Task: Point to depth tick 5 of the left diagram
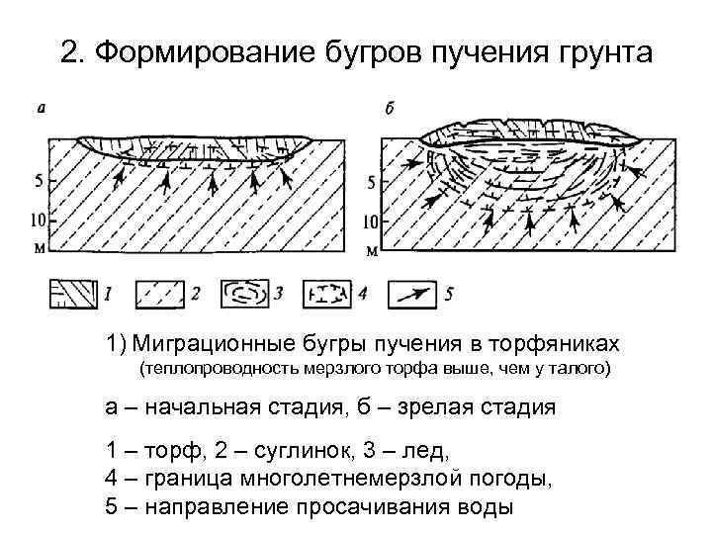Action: tap(38, 182)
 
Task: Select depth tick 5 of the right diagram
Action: tap(371, 183)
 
